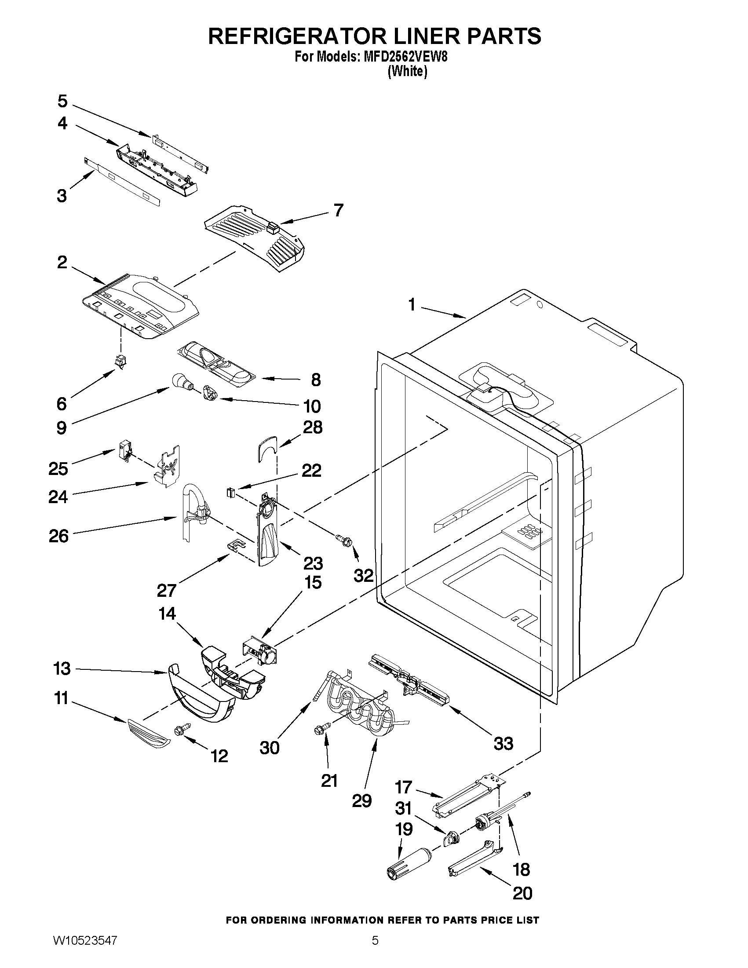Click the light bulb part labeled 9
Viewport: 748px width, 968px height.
click(180, 380)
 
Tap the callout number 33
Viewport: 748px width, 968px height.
click(503, 743)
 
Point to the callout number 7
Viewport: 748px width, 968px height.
click(338, 210)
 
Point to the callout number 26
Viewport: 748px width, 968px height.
click(59, 536)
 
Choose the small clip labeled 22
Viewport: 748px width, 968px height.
click(230, 492)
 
